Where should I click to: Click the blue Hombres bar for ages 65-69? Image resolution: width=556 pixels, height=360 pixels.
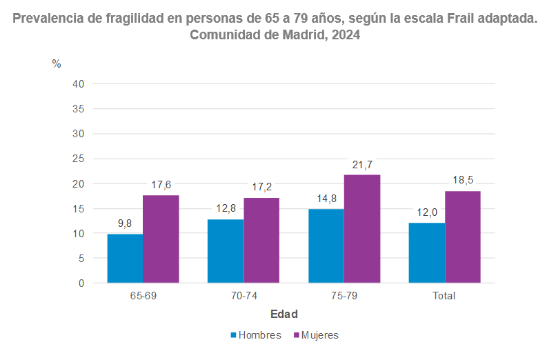coord(125,258)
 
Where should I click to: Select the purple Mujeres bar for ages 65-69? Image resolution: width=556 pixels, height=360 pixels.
coord(161,239)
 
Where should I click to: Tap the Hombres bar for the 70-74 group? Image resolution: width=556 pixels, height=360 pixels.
coord(226,251)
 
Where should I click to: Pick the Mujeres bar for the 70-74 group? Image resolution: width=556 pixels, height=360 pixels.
coord(261,240)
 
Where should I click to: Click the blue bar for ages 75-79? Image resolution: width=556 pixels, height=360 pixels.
coord(326,246)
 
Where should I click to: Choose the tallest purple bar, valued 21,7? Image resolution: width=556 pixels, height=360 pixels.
coord(362,229)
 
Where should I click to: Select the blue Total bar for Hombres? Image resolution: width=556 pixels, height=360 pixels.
coord(426,252)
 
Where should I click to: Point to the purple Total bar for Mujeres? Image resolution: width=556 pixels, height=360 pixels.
coord(462,237)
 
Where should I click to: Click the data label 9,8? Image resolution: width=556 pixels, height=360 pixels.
coord(125,223)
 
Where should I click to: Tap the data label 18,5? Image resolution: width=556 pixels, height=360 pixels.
coord(462,180)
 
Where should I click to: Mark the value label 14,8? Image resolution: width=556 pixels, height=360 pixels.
coord(326,199)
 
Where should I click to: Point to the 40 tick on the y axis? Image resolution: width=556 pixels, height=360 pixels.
coord(78,84)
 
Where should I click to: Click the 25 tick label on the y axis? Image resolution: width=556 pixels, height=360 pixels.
coord(78,159)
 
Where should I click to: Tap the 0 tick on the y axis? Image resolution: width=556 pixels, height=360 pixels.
coord(81,283)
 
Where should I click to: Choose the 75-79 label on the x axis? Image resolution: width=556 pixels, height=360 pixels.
coord(344,296)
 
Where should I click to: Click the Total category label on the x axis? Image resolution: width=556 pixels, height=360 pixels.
coord(444,296)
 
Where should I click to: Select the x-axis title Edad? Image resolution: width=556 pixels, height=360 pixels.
coord(284,314)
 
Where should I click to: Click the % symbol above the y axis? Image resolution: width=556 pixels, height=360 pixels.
coord(57,64)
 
